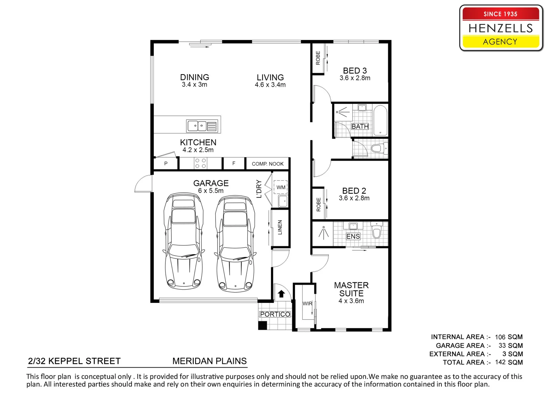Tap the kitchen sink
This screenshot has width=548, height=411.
pyautogui.click(x=202, y=126)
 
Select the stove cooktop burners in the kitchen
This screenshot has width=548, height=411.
pyautogui.click(x=201, y=164)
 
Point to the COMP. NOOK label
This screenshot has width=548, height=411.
pyautogui.click(x=268, y=164)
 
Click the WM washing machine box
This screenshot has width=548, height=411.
pyautogui.click(x=280, y=187)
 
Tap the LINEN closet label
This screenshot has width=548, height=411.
pyautogui.click(x=280, y=227)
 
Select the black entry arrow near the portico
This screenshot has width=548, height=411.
pyautogui.click(x=281, y=294)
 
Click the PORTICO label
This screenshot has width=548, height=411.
pyautogui.click(x=275, y=314)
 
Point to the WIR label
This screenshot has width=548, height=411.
pyautogui.click(x=307, y=303)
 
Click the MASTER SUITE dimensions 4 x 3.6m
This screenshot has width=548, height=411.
pyautogui.click(x=351, y=301)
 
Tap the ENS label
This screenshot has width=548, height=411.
pyautogui.click(x=353, y=236)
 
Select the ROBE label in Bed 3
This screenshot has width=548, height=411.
pyautogui.click(x=318, y=58)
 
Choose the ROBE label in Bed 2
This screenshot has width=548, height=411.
pyautogui.click(x=318, y=205)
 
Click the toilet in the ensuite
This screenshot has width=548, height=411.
pyautogui.click(x=376, y=230)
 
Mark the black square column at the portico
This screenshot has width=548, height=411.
pyautogui.click(x=262, y=325)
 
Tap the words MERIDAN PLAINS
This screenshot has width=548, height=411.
pyautogui.click(x=209, y=361)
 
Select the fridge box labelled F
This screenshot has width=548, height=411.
pyautogui.click(x=234, y=164)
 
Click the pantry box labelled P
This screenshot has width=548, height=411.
pyautogui.click(x=166, y=164)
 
